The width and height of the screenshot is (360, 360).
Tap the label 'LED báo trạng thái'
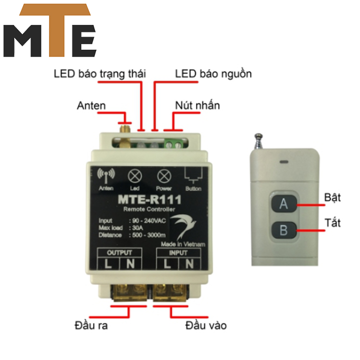pyautogui.click(x=100, y=74)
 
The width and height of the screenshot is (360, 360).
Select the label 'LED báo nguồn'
pyautogui.click(x=213, y=74)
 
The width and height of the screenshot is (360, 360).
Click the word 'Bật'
pyautogui.click(x=332, y=197)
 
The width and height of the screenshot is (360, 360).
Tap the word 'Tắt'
pyautogui.click(x=332, y=222)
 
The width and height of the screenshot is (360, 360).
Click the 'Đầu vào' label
pyautogui.click(x=205, y=325)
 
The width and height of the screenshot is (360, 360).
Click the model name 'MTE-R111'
pyautogui.click(x=149, y=199)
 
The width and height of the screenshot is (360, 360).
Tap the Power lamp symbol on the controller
pyautogui.click(x=164, y=176)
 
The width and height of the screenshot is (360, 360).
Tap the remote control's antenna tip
pyautogui.click(x=258, y=135)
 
